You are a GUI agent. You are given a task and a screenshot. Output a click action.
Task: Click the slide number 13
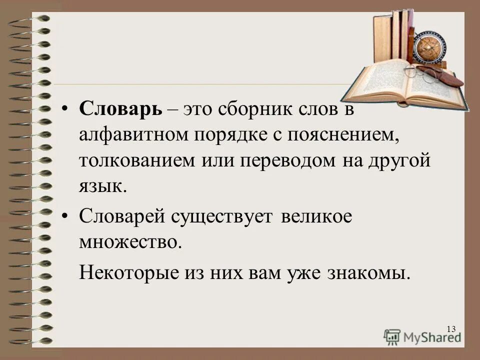tap(451, 328)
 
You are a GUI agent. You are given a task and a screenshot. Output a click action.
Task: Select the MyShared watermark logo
tap(422, 336)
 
